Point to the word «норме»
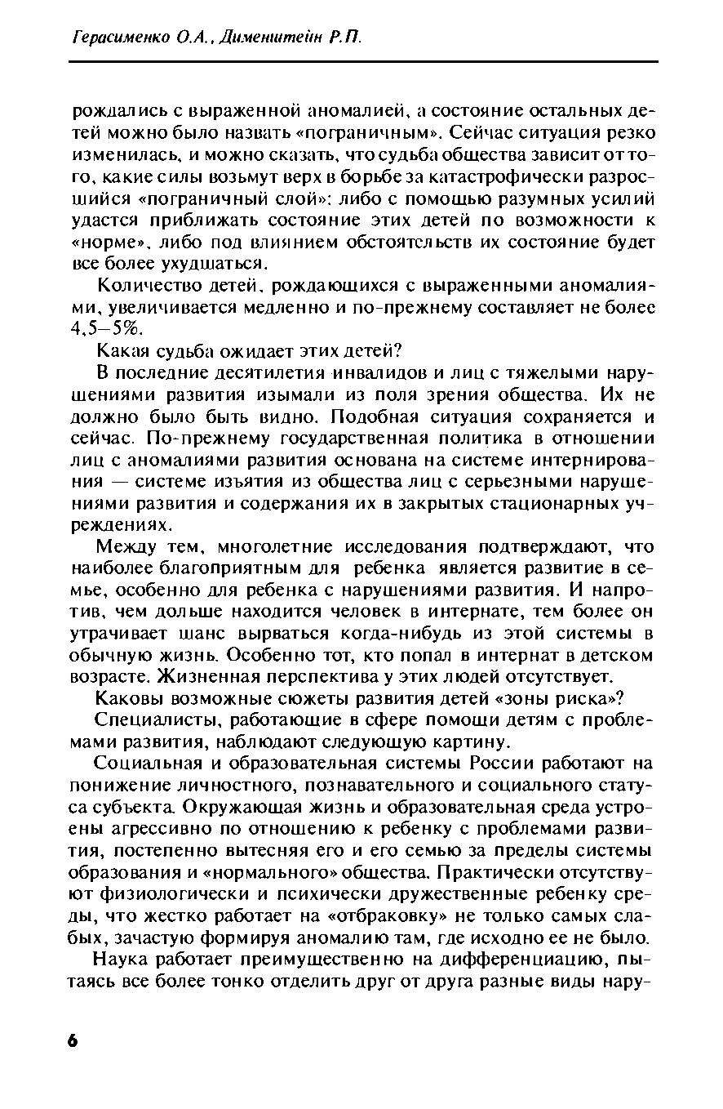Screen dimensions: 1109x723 [97, 243]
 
